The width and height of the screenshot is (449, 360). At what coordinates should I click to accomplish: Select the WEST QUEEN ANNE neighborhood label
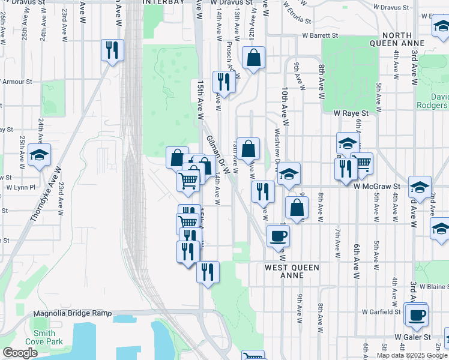click(292, 271)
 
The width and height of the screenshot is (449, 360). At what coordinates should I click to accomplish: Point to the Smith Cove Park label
click(44, 337)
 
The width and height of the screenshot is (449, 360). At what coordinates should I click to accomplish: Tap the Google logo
click(20, 353)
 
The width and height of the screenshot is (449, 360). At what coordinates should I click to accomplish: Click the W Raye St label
click(350, 112)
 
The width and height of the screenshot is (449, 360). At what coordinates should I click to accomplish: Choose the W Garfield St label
click(381, 312)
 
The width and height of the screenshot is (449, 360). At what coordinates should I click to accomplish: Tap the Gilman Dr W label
click(218, 155)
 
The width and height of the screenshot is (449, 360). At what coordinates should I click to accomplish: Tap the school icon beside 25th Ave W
click(40, 155)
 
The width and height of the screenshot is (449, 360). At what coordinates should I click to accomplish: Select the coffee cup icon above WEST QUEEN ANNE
click(278, 235)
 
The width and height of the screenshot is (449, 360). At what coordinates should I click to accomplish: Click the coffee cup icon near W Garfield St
click(416, 314)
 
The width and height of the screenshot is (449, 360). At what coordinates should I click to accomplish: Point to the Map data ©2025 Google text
click(412, 355)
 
